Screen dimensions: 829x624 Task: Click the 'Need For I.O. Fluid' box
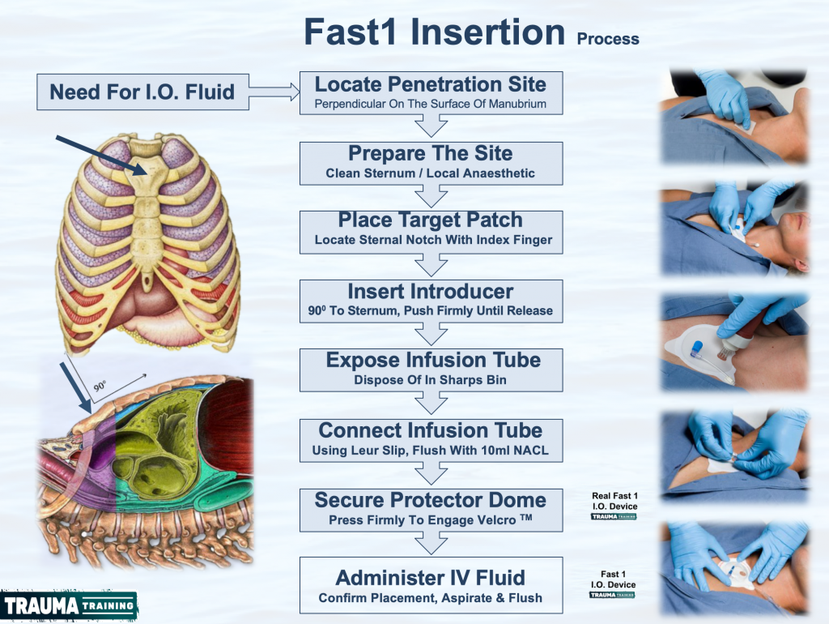pyautogui.click(x=142, y=92)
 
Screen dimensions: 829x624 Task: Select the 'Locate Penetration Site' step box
pyautogui.click(x=431, y=92)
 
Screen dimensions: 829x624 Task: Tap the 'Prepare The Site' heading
pyautogui.click(x=431, y=153)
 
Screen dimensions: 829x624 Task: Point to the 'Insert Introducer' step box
pyautogui.click(x=431, y=301)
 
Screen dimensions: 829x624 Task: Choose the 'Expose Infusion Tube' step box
pyautogui.click(x=431, y=370)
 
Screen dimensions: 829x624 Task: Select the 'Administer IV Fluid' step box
pyautogui.click(x=431, y=585)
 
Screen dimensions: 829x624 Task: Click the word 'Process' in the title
pyautogui.click(x=608, y=39)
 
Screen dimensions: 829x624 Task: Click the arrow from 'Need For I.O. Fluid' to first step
pyautogui.click(x=274, y=92)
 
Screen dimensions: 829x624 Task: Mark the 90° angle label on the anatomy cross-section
pyautogui.click(x=100, y=386)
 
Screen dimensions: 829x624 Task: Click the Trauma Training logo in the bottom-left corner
pyautogui.click(x=69, y=605)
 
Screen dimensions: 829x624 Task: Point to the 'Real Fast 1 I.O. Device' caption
pyautogui.click(x=614, y=501)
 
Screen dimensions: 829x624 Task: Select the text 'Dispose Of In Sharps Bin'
pyautogui.click(x=431, y=380)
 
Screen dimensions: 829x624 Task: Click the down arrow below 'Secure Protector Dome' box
pyautogui.click(x=431, y=543)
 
